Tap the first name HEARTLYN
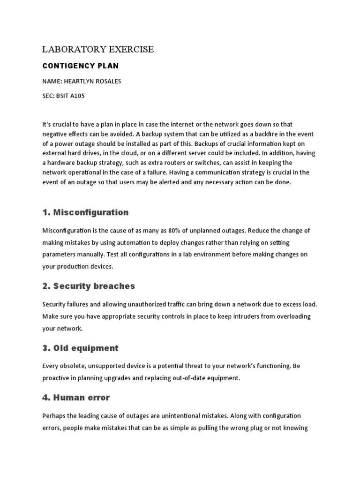pyautogui.click(x=79, y=81)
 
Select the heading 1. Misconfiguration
pyautogui.click(x=85, y=212)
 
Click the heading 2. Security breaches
pyautogui.click(x=89, y=285)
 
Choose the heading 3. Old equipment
pyautogui.click(x=80, y=348)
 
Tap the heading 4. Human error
pyautogui.click(x=76, y=397)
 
